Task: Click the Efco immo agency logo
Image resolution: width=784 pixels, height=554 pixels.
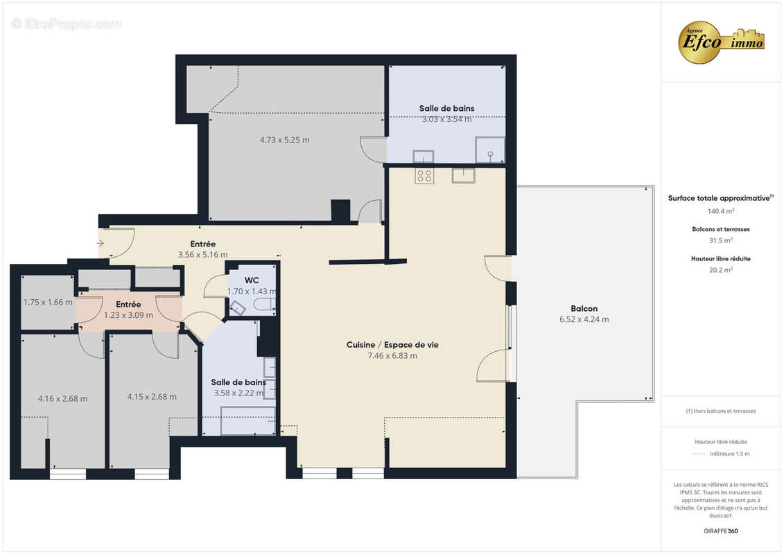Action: (721, 42)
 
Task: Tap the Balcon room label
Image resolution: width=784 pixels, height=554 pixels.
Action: (584, 308)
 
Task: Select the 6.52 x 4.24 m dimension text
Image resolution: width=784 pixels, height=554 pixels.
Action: (584, 319)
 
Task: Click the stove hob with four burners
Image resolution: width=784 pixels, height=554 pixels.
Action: (424, 176)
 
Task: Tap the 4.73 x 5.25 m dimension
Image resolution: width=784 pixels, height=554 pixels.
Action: (284, 140)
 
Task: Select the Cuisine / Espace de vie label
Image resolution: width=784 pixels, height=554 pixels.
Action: (392, 344)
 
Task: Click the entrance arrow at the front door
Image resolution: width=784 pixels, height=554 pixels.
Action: (101, 243)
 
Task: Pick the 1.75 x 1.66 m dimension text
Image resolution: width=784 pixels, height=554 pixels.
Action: (48, 302)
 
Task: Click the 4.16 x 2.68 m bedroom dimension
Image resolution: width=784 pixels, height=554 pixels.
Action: (62, 398)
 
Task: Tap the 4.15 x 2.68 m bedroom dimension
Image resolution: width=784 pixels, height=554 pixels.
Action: (152, 397)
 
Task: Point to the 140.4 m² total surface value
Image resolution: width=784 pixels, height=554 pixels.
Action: (721, 211)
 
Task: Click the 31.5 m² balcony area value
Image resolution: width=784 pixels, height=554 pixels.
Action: (721, 240)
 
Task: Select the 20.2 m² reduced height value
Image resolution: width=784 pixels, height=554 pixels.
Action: (721, 270)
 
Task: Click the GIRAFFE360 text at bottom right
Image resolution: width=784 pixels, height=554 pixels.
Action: (721, 531)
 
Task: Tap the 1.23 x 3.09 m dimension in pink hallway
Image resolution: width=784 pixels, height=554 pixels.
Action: (128, 315)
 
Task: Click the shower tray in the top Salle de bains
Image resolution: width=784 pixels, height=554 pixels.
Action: (489, 150)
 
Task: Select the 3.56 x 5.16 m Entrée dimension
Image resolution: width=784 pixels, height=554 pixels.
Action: (202, 255)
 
